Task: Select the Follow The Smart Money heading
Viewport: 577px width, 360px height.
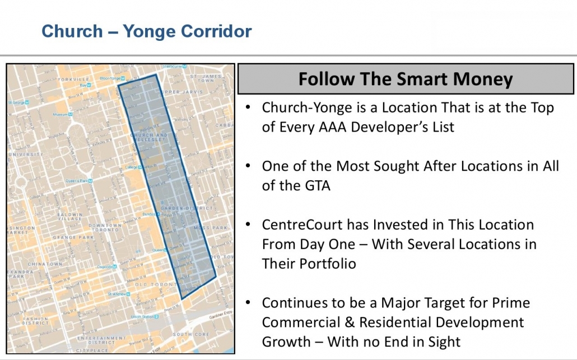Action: [405, 79]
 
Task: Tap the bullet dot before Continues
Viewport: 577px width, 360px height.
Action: [248, 303]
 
